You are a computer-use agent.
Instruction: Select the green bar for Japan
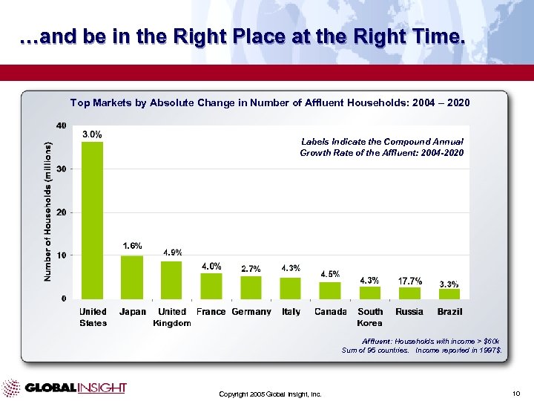tap(132, 277)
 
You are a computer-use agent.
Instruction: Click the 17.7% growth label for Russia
tap(410, 281)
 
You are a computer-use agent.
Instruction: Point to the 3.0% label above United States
tap(92, 134)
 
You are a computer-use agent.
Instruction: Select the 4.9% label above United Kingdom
tap(172, 252)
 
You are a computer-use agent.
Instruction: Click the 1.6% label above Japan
tap(132, 245)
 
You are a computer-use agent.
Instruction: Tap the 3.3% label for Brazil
tap(449, 284)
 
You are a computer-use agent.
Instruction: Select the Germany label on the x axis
tap(251, 312)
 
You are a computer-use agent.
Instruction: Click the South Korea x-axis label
tap(370, 317)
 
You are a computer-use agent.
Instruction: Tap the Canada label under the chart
tap(330, 312)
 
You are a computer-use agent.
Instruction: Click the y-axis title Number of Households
tap(47, 212)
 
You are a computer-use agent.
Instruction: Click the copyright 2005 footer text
tap(270, 394)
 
